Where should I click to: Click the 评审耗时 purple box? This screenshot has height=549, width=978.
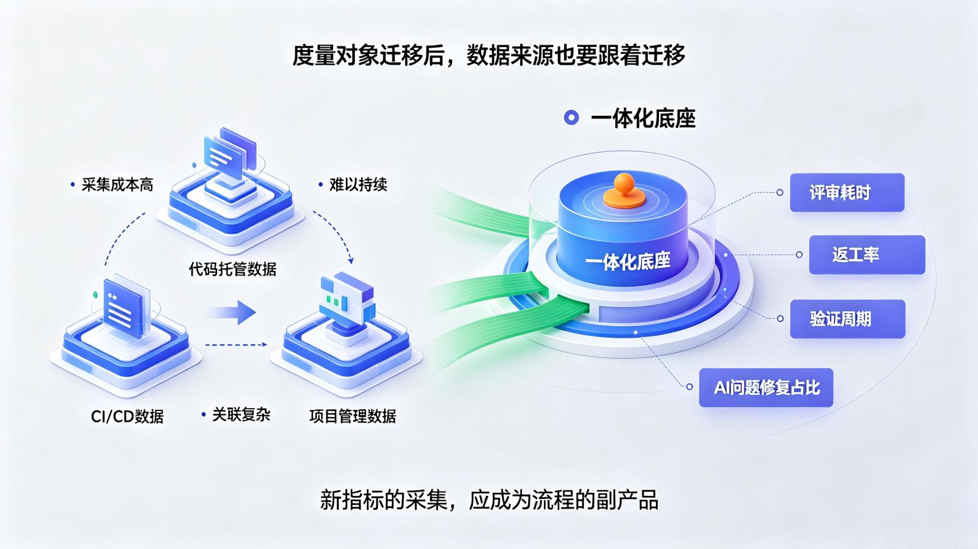click(847, 192)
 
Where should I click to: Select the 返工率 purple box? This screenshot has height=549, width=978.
click(867, 255)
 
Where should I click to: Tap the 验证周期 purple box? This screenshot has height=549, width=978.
click(847, 319)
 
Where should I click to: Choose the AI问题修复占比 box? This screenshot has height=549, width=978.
click(766, 388)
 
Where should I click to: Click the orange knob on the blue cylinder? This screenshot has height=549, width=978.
click(624, 191)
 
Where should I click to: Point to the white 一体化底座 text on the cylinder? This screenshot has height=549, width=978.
click(627, 261)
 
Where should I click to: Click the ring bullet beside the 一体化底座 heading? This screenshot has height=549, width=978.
click(571, 118)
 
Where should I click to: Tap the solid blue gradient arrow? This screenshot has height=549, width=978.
click(232, 312)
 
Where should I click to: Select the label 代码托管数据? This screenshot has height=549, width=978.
click(232, 269)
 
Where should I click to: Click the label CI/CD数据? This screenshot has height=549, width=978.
click(127, 416)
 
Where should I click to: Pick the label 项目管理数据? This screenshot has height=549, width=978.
click(352, 416)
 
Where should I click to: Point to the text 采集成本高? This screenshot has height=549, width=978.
click(117, 185)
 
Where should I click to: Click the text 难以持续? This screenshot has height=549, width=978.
click(358, 185)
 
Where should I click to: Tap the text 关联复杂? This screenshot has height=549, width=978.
click(241, 415)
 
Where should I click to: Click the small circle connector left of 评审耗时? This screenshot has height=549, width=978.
click(780, 192)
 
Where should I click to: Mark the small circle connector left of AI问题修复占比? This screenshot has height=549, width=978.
click(689, 387)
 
